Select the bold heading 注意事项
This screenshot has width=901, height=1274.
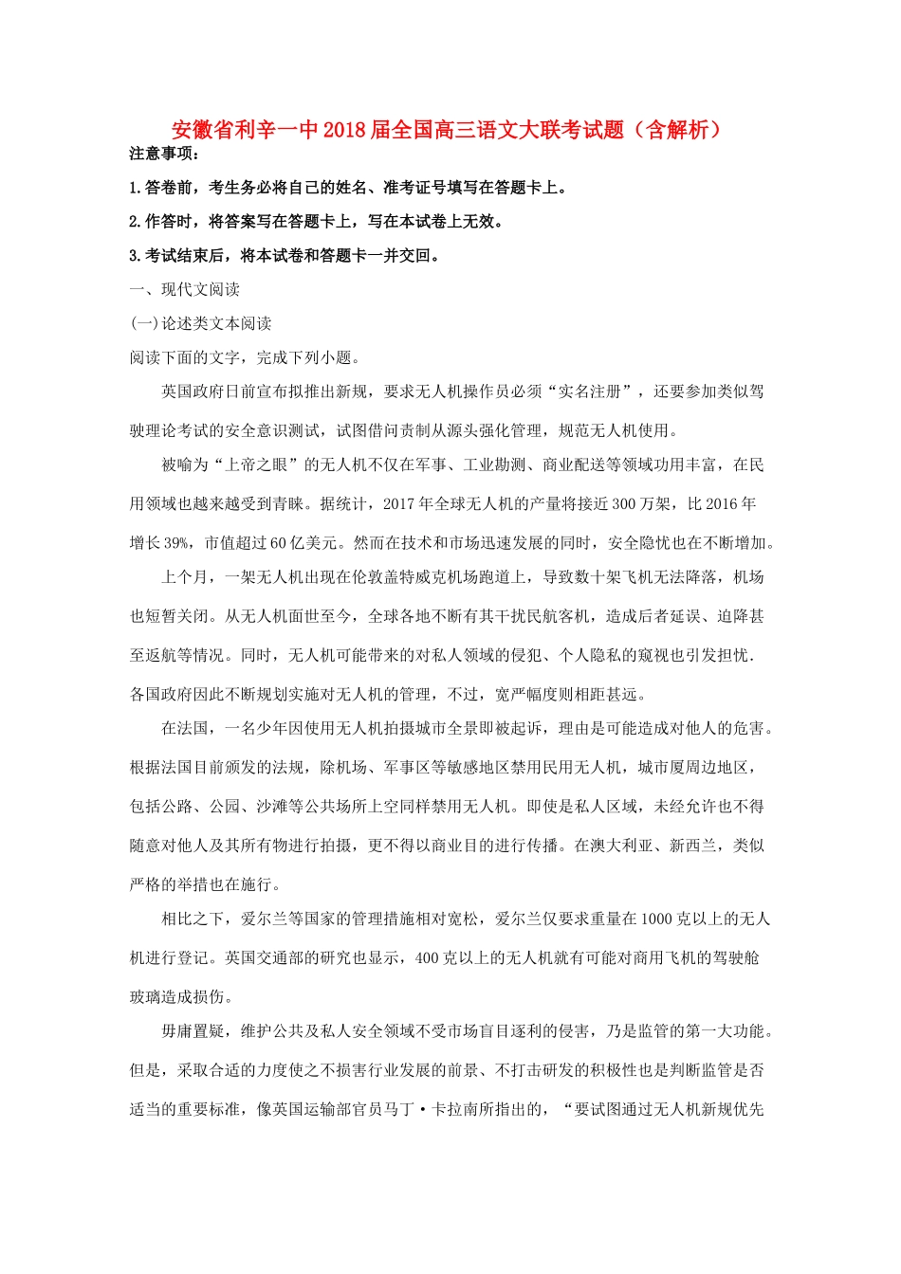point(164,154)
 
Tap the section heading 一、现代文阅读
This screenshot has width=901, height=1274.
point(185,289)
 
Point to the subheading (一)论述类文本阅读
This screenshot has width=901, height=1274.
point(201,323)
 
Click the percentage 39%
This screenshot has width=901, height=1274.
point(177,542)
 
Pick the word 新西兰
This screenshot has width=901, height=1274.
point(693,846)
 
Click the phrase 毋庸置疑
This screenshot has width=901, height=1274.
point(193,1031)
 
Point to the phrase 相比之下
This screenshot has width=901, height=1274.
point(193,919)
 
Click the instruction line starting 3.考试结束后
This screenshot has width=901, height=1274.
point(285,255)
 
